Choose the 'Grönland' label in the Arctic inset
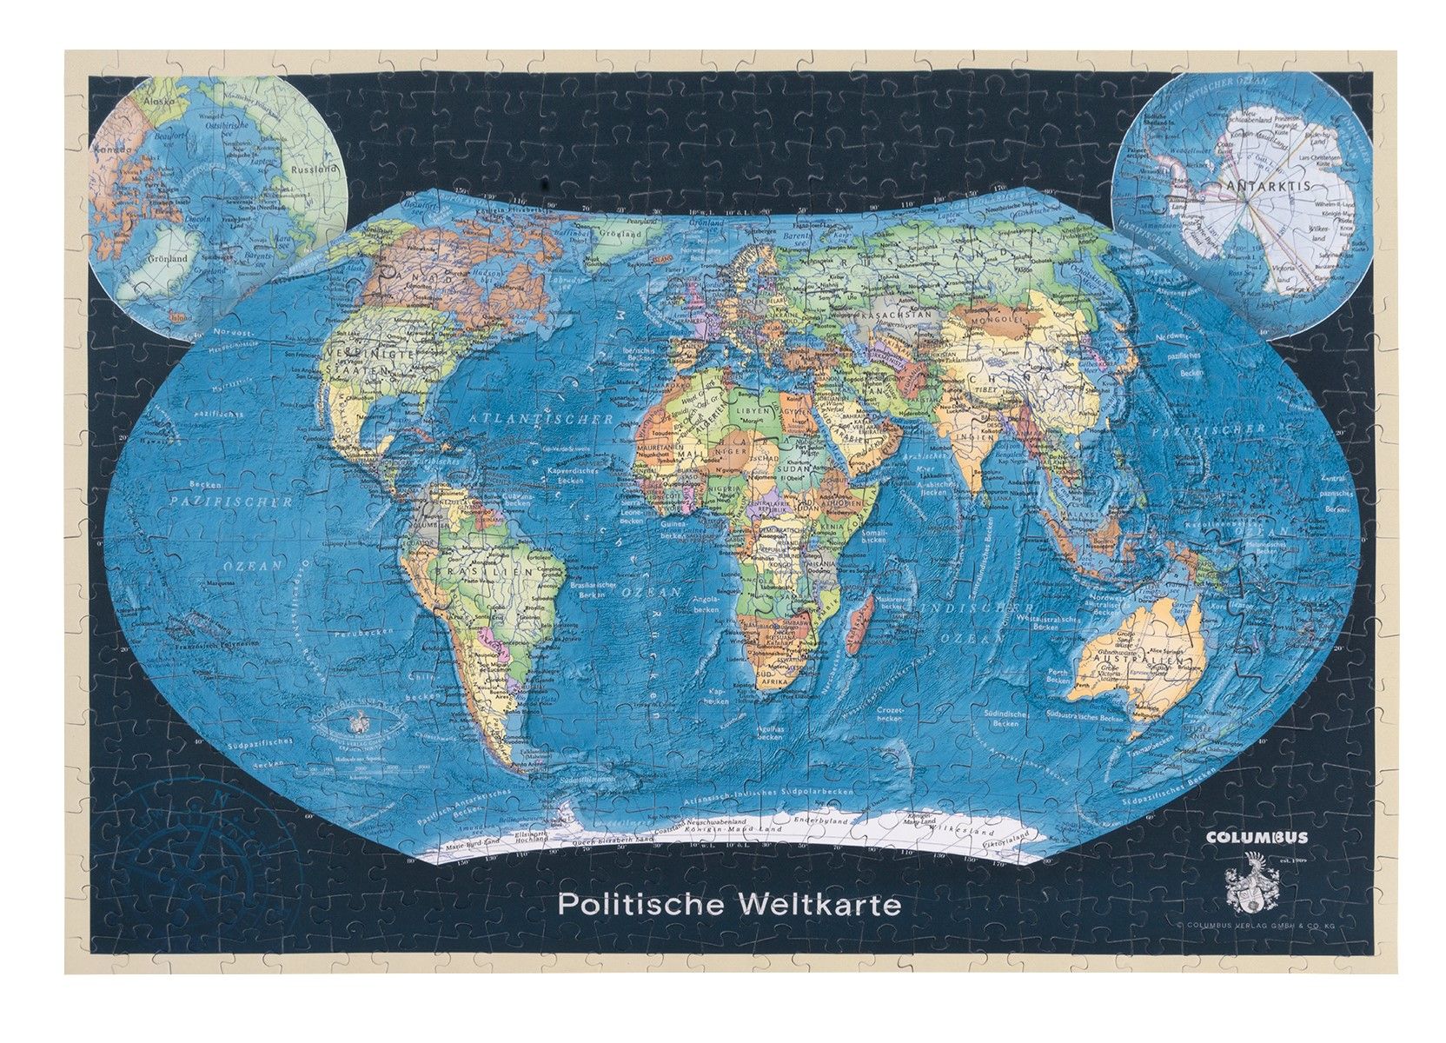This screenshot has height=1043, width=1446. [x=166, y=259]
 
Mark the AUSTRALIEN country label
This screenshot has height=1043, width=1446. [x=1134, y=664]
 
